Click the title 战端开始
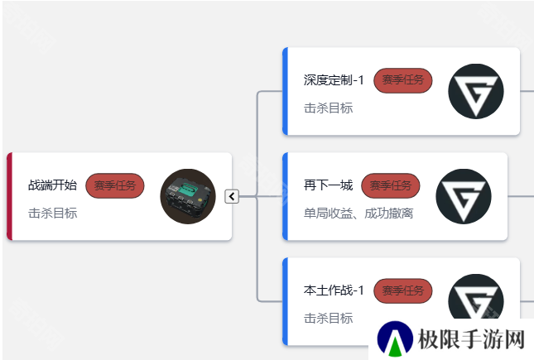52,185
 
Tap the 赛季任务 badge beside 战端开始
115,185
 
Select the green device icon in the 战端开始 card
188,196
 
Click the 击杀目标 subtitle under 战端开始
52,214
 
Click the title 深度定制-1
334,80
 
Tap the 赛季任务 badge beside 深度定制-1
403,80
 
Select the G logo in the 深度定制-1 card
476,91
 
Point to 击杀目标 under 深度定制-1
329,108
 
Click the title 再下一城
329,185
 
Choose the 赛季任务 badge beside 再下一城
391,185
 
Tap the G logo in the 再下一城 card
464,196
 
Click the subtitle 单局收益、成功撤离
358,214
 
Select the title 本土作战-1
334,290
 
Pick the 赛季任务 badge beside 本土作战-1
403,290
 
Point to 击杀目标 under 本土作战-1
329,319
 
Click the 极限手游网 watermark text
471,339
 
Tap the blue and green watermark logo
395,338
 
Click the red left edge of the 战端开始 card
10,196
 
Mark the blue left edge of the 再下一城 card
286,196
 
